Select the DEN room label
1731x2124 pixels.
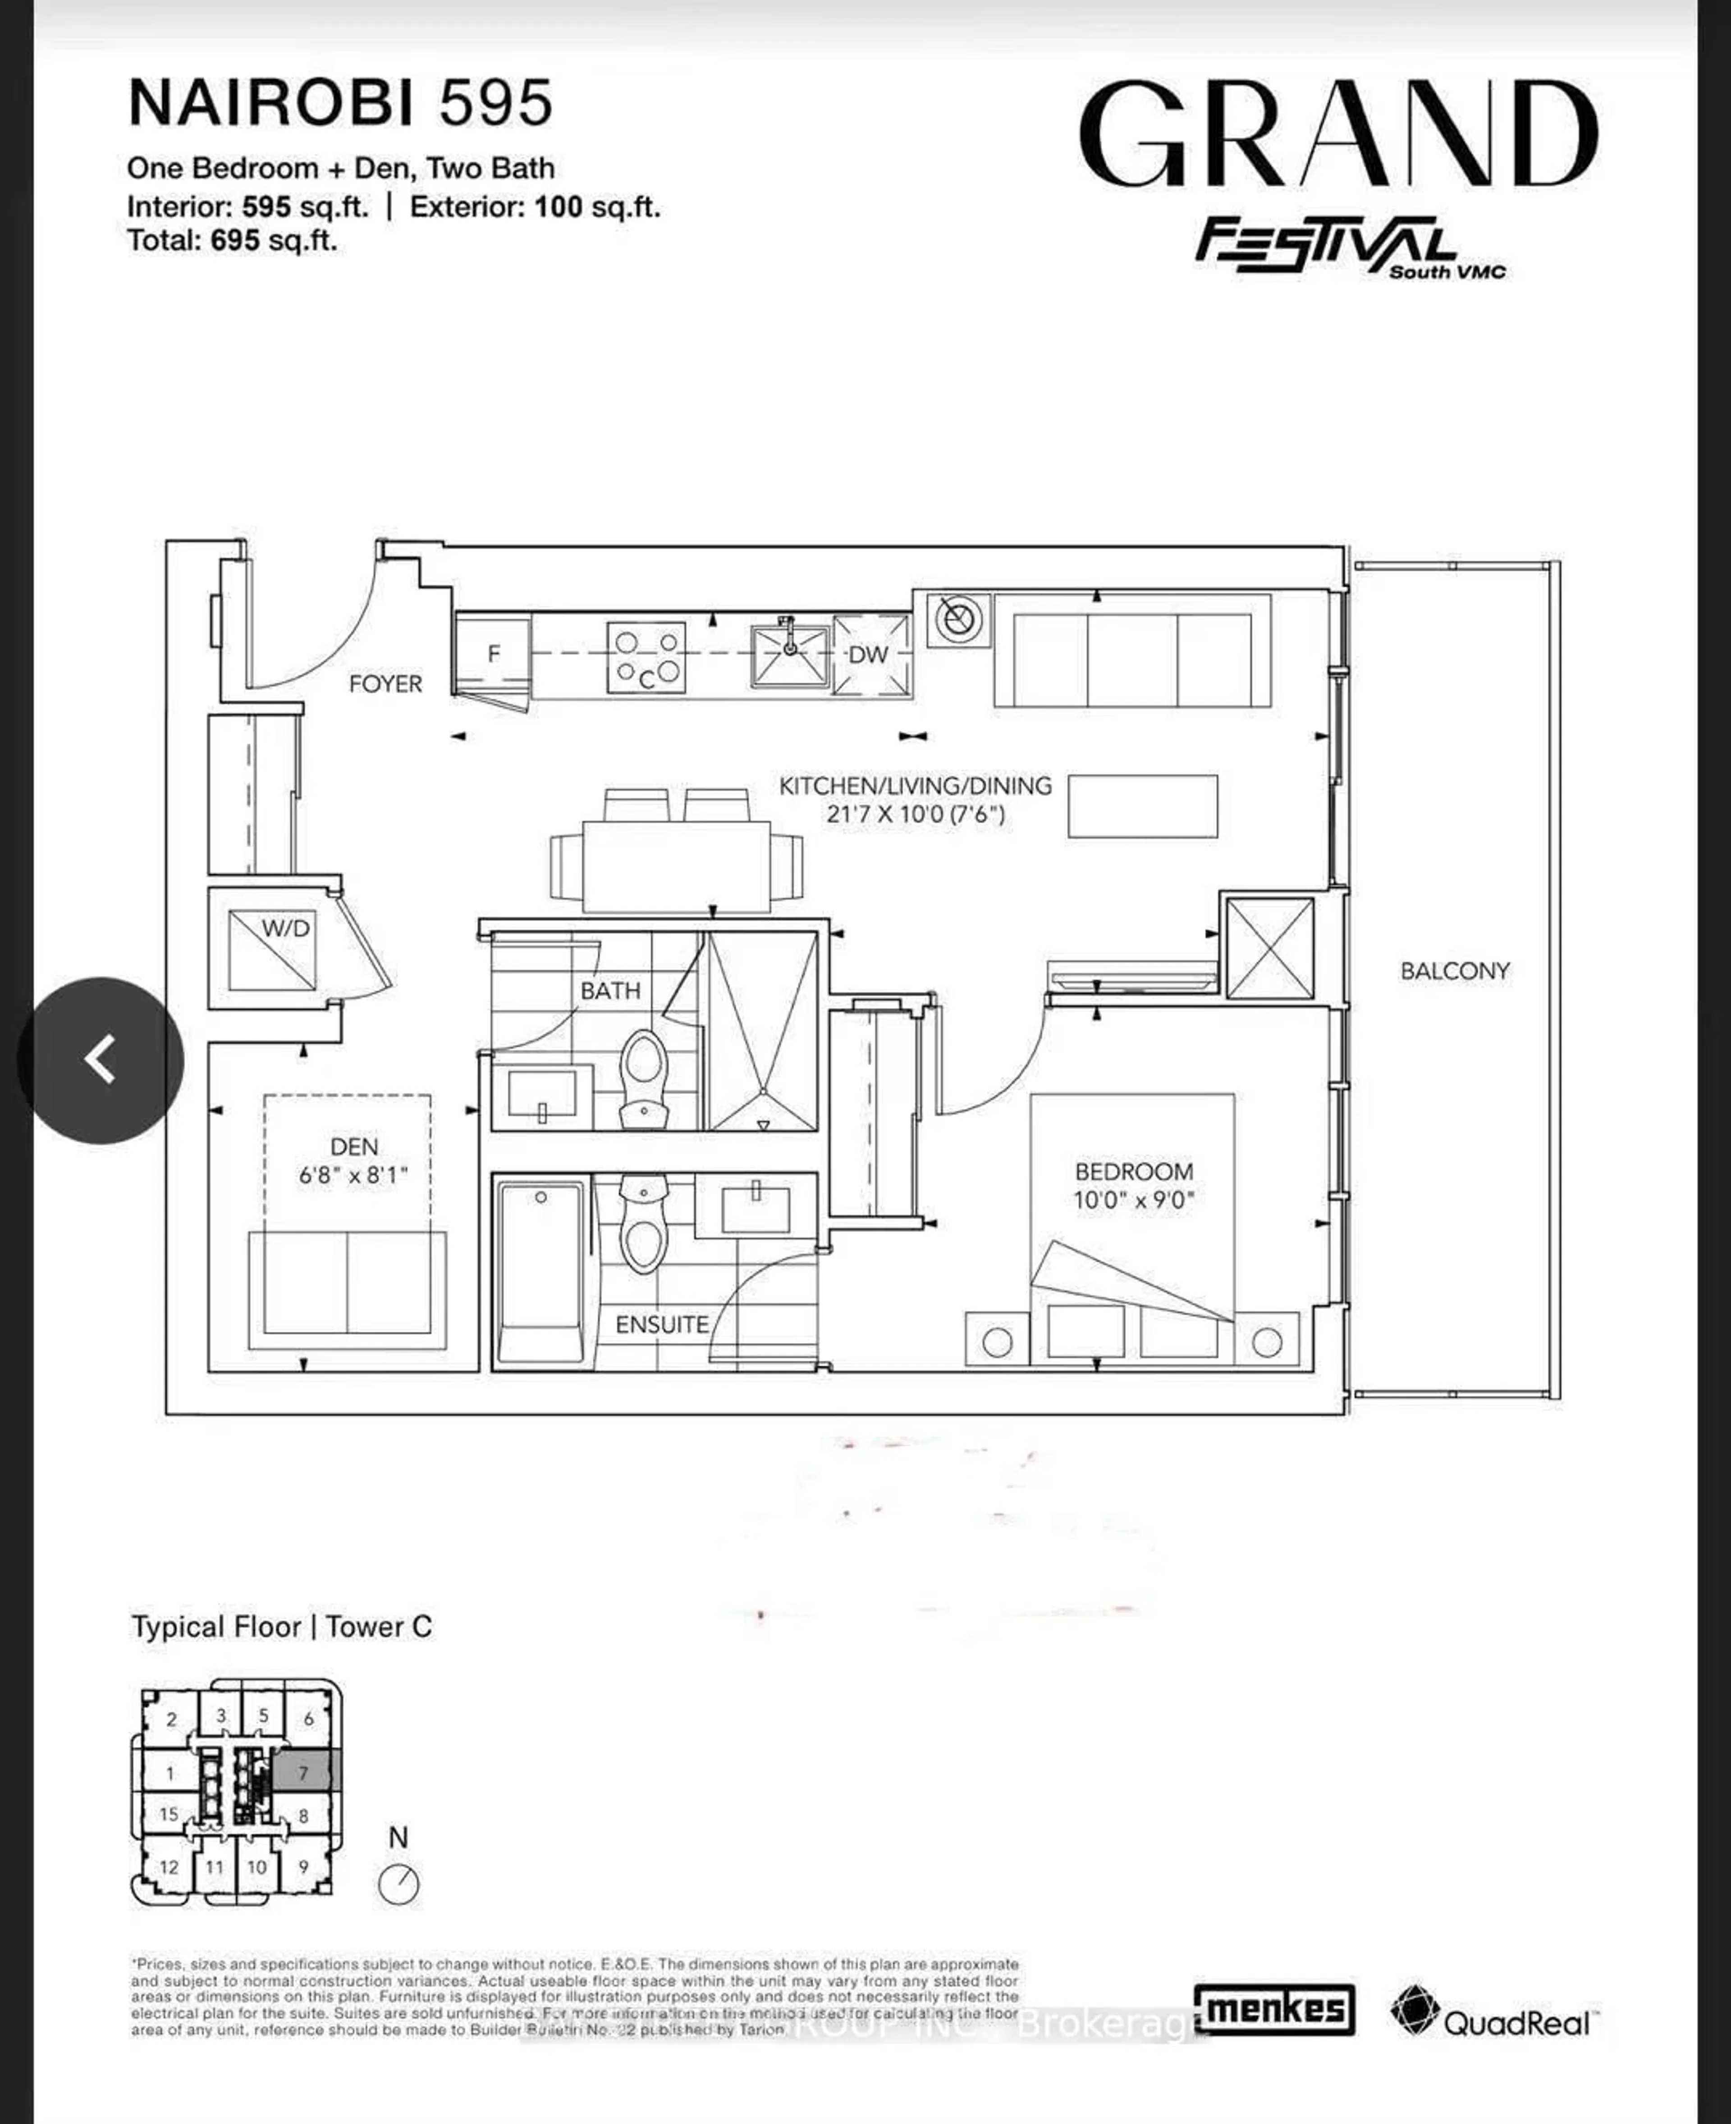tap(354, 1147)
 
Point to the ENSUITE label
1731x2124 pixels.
tap(661, 1324)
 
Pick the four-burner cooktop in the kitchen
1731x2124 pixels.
tap(646, 657)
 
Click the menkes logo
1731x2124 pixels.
tap(1274, 2008)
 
